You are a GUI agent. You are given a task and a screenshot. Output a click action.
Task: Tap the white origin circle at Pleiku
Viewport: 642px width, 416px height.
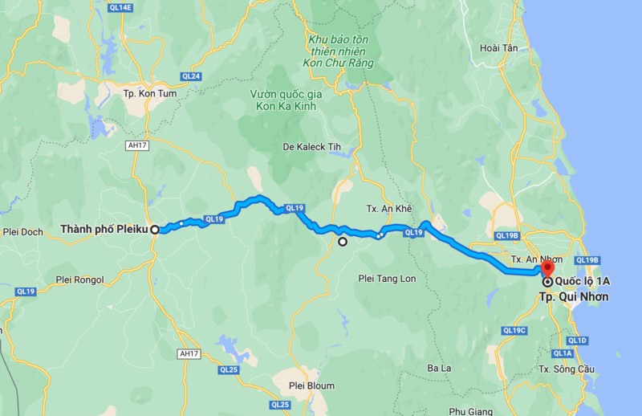(x=155, y=229)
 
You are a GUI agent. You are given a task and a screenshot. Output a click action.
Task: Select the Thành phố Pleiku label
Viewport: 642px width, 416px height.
(x=104, y=230)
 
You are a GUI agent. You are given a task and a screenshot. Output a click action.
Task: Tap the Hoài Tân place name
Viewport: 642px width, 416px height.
(x=498, y=48)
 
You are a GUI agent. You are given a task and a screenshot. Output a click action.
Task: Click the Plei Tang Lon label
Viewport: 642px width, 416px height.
(x=388, y=278)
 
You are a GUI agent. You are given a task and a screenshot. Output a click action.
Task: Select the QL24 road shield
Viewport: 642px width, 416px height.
(x=190, y=77)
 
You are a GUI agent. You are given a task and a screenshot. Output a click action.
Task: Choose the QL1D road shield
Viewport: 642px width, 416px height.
(x=577, y=341)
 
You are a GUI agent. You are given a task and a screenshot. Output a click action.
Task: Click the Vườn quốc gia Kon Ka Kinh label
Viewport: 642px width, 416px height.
(x=286, y=100)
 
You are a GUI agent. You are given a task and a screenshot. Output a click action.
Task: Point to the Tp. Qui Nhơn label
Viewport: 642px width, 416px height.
(x=573, y=296)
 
